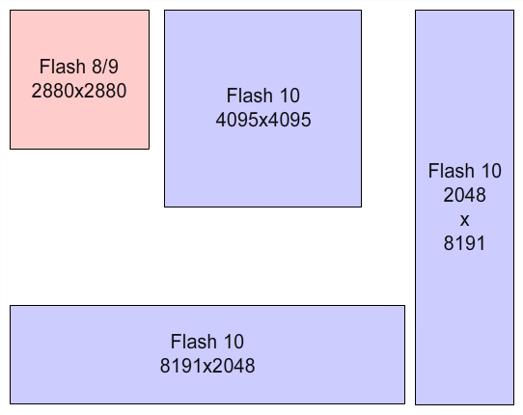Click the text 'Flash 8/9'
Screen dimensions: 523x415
(79, 66)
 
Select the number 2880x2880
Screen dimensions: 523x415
(79, 91)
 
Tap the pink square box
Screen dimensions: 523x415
(79, 79)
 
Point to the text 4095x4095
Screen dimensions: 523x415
(263, 120)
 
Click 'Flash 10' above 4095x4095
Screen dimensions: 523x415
(263, 96)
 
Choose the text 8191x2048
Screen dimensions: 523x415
(207, 365)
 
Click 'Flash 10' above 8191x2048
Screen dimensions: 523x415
(207, 342)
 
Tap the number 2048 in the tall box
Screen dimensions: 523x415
(464, 195)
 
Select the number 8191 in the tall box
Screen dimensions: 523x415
(464, 242)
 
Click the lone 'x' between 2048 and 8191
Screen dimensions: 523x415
(465, 220)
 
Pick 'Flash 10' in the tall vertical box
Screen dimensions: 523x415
(465, 171)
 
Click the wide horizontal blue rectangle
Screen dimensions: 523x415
(207, 354)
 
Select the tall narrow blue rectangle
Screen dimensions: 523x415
(464, 207)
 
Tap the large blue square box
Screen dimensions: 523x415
(262, 108)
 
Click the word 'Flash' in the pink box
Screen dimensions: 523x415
(63, 66)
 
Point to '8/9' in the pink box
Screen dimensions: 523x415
(105, 66)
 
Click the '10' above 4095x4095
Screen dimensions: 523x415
(289, 96)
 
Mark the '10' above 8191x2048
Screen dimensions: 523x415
(234, 342)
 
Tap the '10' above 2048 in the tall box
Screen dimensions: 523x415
(491, 171)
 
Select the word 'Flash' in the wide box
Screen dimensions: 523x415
(194, 342)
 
